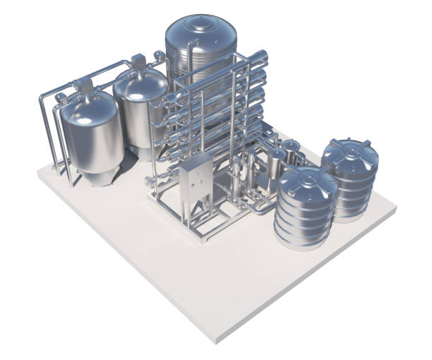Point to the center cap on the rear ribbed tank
click(x=351, y=146)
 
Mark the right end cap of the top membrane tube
click(x=262, y=54)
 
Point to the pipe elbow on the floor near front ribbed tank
click(x=265, y=209)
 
